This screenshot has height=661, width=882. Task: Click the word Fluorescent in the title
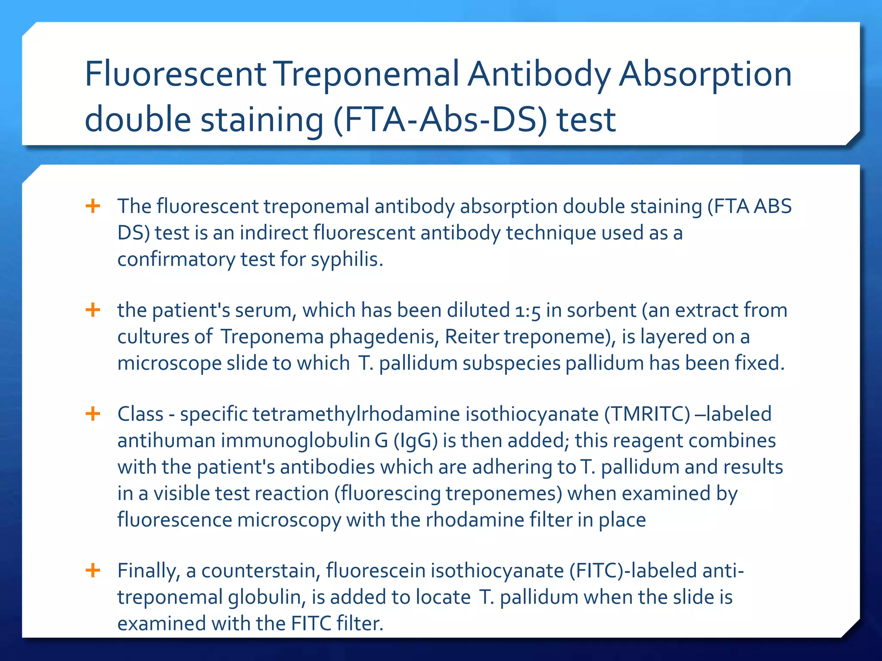tap(176, 74)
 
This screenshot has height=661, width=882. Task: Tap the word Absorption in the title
tap(705, 74)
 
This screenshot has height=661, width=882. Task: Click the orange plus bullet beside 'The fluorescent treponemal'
tap(93, 206)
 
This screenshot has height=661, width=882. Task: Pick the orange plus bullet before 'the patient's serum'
tap(93, 310)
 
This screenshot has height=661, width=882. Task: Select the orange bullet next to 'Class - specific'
tap(93, 414)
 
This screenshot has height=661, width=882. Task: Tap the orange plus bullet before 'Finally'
tap(93, 571)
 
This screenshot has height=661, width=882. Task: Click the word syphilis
tap(347, 259)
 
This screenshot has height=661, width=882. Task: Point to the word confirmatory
tap(176, 259)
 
